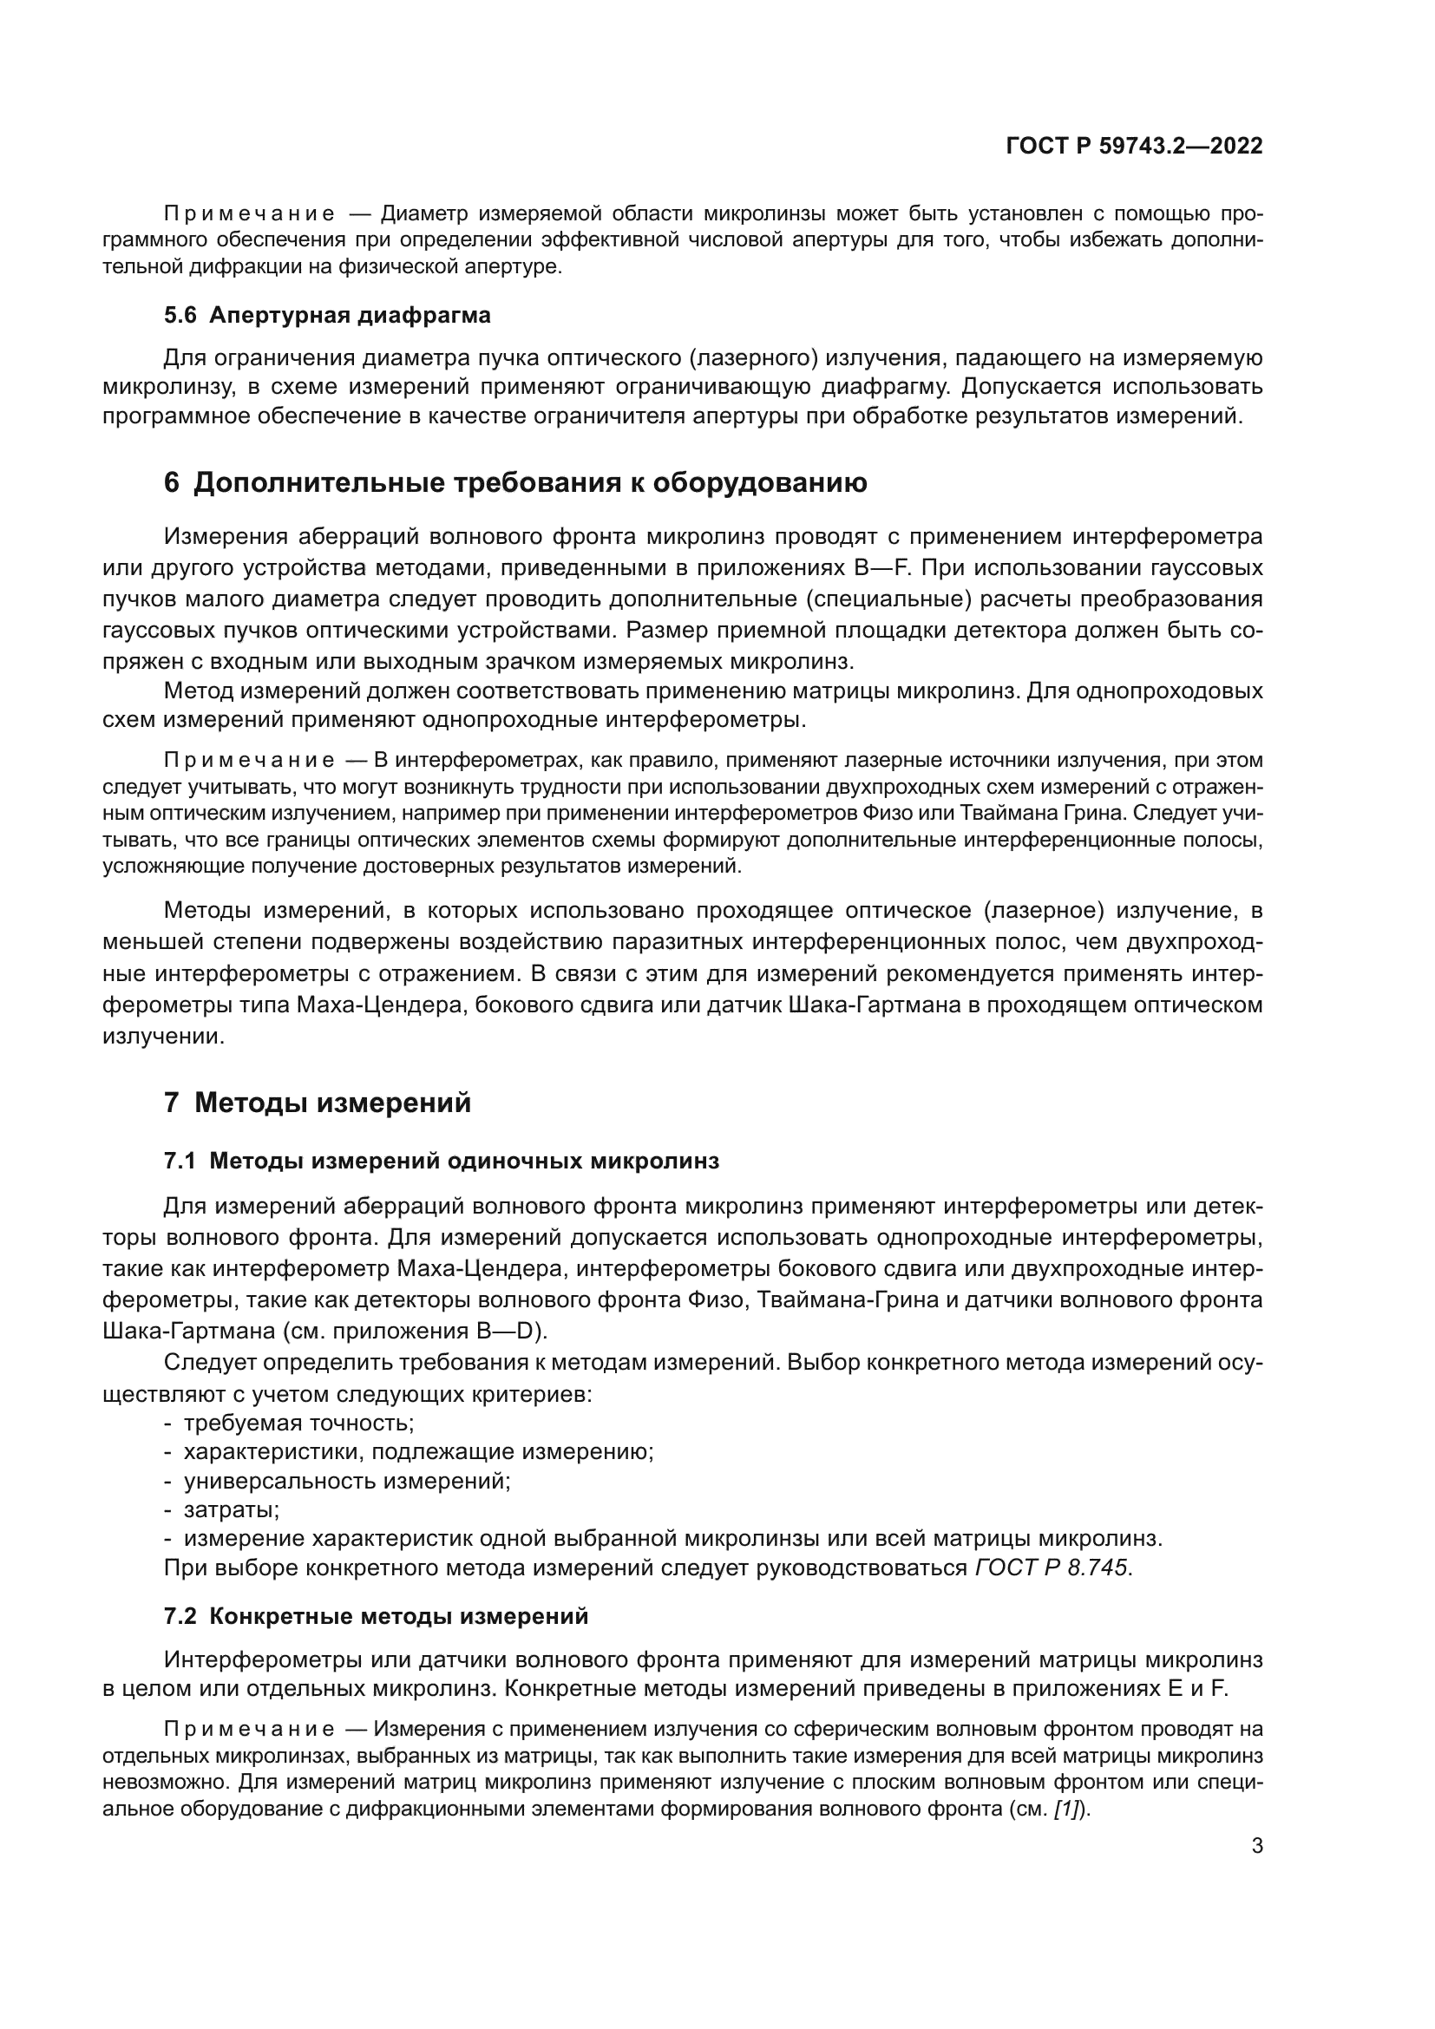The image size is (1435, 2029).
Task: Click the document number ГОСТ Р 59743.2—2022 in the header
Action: (1134, 147)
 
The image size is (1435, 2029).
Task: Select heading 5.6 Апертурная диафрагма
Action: (327, 316)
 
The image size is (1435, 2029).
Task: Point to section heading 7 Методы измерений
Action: (318, 1103)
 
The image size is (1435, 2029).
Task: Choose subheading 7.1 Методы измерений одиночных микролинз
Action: (441, 1162)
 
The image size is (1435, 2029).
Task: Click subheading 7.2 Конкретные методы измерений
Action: (376, 1616)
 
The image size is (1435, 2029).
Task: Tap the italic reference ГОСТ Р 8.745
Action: (1052, 1568)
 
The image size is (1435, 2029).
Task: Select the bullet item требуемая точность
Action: (298, 1424)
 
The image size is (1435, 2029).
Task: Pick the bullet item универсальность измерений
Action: (346, 1481)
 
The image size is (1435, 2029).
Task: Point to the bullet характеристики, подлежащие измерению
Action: (418, 1452)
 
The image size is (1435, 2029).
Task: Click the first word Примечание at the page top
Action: (249, 215)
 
